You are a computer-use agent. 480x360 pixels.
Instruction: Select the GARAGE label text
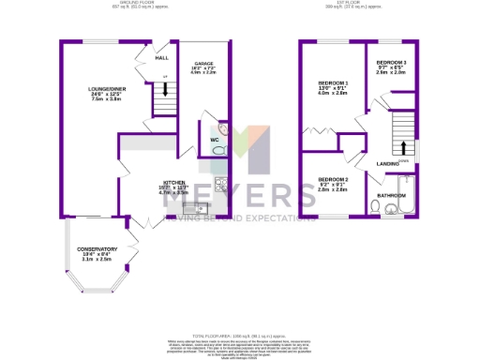click(x=203, y=65)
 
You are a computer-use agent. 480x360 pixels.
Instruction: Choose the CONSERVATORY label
click(x=97, y=248)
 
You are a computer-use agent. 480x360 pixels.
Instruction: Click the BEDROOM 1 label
click(x=333, y=83)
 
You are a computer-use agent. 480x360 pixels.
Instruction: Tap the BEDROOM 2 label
click(x=333, y=179)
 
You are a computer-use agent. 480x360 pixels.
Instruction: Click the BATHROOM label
click(x=392, y=195)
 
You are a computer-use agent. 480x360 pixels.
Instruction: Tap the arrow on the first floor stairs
click(x=403, y=147)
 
